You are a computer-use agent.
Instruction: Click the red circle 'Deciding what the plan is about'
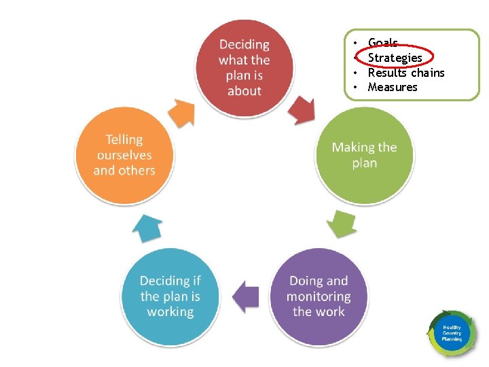[x=244, y=67]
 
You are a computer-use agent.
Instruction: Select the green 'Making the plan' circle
[x=364, y=155]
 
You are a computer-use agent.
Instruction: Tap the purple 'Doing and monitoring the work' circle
[x=319, y=296]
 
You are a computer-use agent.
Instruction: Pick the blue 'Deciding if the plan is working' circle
[x=170, y=296]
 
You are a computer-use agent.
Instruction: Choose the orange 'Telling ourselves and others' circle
[x=124, y=155]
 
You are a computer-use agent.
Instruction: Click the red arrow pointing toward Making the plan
[x=300, y=109]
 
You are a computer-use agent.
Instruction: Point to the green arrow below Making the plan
[x=342, y=222]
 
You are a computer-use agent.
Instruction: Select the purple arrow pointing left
[x=245, y=296]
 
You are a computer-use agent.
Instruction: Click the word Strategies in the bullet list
[x=395, y=58]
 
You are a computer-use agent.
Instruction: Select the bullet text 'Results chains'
[x=406, y=73]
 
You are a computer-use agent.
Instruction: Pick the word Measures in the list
[x=393, y=87]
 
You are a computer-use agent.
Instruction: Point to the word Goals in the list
[x=382, y=43]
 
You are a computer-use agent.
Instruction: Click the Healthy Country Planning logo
[x=452, y=333]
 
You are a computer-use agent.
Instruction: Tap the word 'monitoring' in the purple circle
[x=319, y=296]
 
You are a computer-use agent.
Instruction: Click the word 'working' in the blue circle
[x=170, y=312]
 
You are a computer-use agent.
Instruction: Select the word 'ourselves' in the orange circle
[x=124, y=155]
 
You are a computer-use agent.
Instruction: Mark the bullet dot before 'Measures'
[x=355, y=87]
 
